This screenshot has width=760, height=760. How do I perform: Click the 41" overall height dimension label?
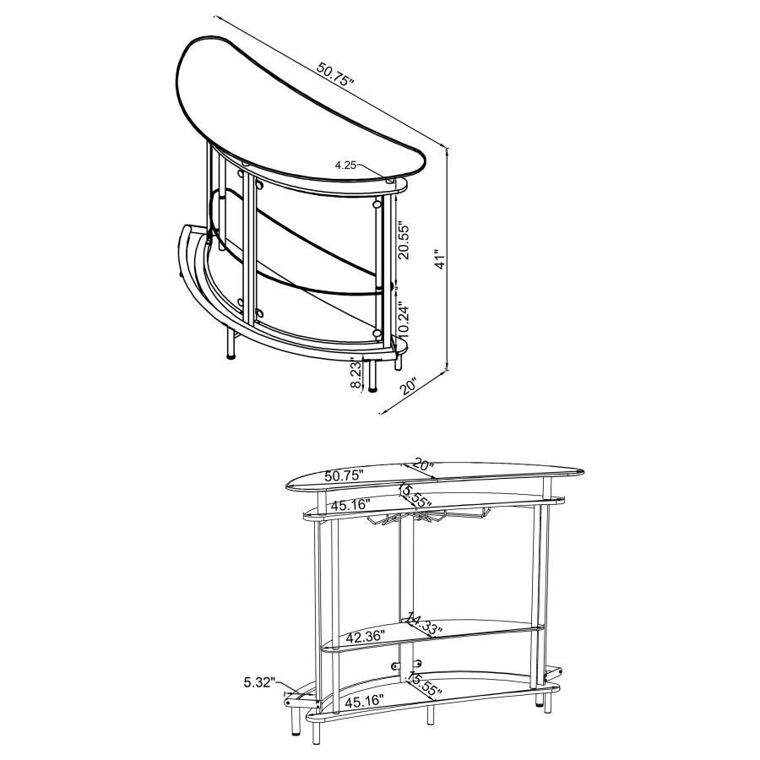[437, 258]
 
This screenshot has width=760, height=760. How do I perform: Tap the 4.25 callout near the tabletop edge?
[346, 166]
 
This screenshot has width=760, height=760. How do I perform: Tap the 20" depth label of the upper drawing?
[410, 387]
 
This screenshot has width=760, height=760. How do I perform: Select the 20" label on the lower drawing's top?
[423, 465]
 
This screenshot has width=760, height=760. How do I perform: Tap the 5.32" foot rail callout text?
[259, 682]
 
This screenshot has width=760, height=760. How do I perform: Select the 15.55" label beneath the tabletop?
[415, 496]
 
